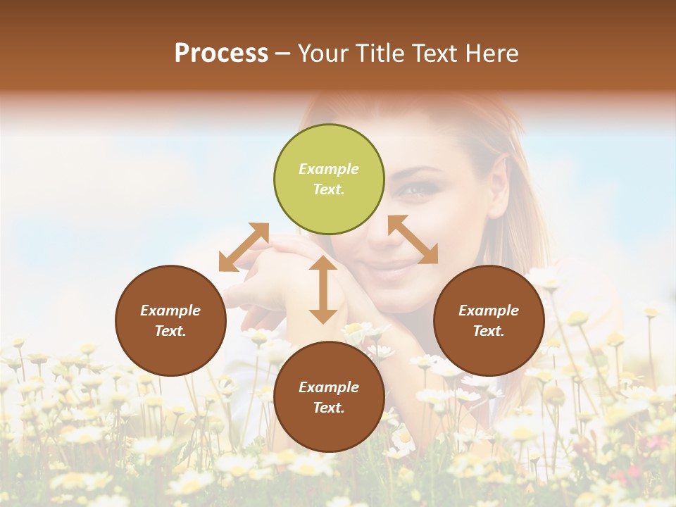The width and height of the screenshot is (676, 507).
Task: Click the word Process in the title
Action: coord(221,54)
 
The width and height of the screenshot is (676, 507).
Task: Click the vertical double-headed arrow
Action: coord(323,289)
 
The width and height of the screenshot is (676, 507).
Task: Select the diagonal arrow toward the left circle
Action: coord(244,246)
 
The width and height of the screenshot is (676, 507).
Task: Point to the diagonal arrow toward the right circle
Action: coord(413,239)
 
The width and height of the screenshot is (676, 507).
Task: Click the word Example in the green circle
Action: coord(329,169)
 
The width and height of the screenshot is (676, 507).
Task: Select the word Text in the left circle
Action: coord(170,331)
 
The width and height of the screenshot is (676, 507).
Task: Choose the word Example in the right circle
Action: coord(489,311)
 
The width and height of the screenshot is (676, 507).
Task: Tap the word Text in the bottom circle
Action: coord(329,408)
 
